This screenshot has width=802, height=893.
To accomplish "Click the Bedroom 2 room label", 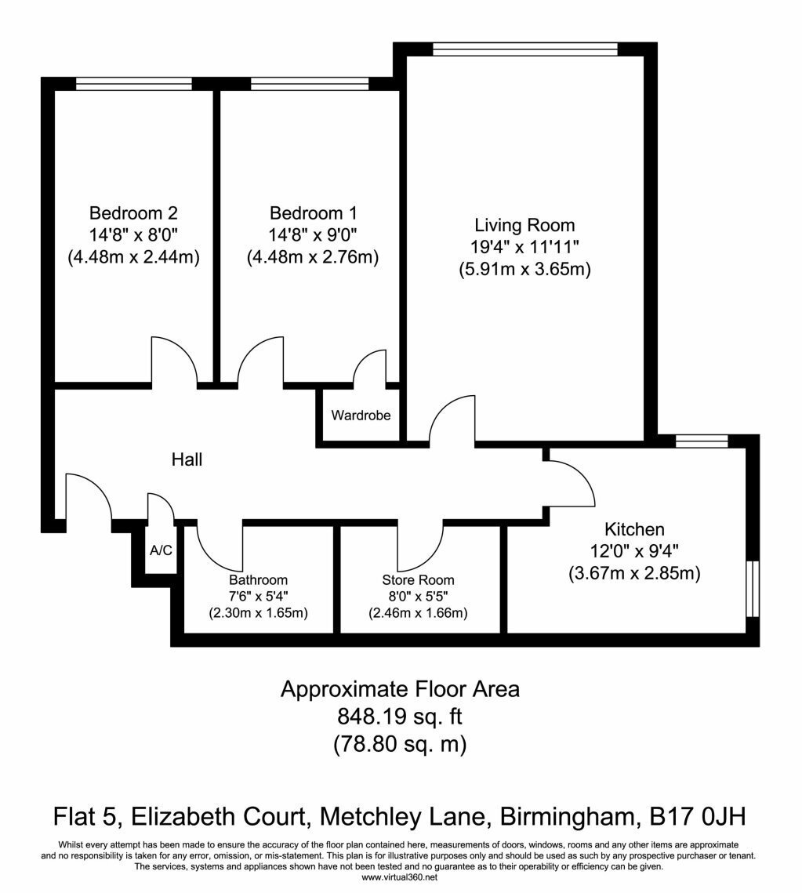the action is (133, 213).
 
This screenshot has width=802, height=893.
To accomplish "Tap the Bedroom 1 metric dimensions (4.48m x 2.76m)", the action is (313, 257).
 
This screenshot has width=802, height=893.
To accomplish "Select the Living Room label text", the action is (524, 225).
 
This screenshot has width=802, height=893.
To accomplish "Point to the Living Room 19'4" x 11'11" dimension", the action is (524, 247).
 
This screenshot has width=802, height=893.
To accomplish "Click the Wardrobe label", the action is (361, 416).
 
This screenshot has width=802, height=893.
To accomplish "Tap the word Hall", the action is (187, 459).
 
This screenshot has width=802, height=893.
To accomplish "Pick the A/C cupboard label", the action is (161, 550).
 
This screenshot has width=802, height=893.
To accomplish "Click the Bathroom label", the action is (258, 579).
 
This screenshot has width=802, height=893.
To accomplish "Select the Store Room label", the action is (418, 579).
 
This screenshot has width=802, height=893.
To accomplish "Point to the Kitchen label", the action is (634, 529).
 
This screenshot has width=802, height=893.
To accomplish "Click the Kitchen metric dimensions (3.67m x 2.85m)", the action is (634, 573).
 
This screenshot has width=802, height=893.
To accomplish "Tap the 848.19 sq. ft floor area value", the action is (399, 717).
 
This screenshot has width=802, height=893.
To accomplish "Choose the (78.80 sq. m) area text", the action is (399, 744).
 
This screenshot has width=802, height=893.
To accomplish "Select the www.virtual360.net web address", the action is (399, 877).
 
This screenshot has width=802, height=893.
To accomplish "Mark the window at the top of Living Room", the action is (524, 49).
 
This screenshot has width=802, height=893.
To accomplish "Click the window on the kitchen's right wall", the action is (753, 589).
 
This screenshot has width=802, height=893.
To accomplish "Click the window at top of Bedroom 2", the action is (134, 84).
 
